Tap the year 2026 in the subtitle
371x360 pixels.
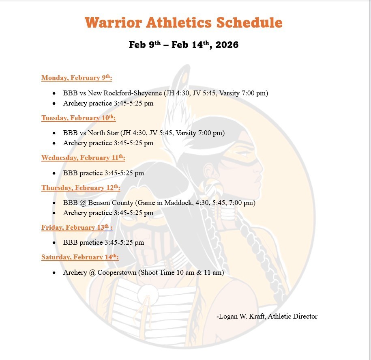(x=227, y=45)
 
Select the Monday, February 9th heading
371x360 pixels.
(x=77, y=78)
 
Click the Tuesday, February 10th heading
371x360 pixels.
(x=78, y=118)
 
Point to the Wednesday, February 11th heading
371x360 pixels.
(x=83, y=158)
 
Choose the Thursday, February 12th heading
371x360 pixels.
(x=81, y=188)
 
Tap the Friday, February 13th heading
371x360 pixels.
(x=76, y=228)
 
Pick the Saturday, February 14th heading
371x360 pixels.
(x=80, y=257)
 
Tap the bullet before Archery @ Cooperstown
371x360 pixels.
(x=54, y=273)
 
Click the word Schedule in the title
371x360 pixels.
(x=249, y=22)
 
